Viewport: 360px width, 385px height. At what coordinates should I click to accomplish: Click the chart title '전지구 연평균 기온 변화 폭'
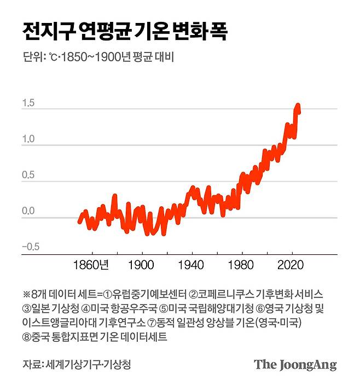pyautogui.click(x=125, y=32)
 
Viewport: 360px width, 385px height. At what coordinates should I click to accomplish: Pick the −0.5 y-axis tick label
pyautogui.click(x=31, y=247)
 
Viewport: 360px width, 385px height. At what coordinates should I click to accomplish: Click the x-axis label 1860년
pyautogui.click(x=92, y=266)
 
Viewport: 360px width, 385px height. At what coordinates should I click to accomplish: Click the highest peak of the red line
pyautogui.click(x=298, y=105)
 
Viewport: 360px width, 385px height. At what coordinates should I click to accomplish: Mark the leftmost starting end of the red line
pyautogui.click(x=79, y=221)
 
